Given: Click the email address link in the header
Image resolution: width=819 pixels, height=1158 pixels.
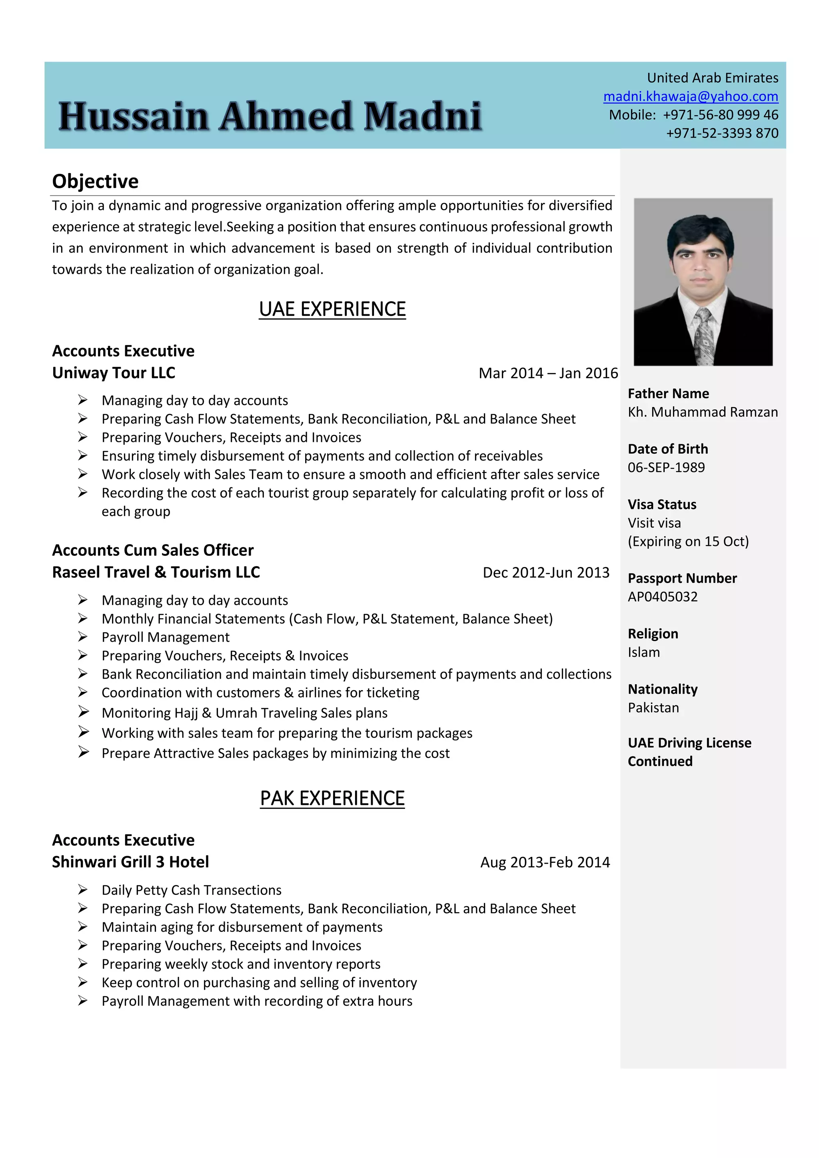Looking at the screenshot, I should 690,96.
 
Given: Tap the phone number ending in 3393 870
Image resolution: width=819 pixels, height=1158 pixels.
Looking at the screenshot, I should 722,133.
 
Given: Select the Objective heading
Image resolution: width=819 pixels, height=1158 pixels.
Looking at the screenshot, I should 95,181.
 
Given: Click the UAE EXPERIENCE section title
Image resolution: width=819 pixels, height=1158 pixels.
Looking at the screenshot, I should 332,309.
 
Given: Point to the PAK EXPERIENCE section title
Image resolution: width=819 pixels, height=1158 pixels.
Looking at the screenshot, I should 332,799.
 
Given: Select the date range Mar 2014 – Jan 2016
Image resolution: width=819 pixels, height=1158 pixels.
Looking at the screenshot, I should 548,373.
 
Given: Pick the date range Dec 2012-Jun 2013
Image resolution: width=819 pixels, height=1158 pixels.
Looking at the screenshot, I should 545,573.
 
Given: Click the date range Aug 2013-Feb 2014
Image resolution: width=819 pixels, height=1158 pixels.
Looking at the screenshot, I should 545,863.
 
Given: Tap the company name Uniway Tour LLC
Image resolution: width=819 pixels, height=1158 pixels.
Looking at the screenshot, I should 114,373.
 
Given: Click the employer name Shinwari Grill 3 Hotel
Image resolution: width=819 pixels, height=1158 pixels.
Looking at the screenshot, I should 130,862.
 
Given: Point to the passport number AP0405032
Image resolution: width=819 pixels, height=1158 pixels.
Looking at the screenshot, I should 662,597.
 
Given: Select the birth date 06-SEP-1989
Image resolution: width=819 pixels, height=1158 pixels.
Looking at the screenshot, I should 666,467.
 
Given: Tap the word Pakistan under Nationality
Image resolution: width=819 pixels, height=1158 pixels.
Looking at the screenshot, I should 653,708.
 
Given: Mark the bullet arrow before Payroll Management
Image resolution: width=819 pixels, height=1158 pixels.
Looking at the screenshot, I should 83,637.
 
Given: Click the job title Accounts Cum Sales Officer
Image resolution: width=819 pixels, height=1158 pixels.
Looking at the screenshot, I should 153,550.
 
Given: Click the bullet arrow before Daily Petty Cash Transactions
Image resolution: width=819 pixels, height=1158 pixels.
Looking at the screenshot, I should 83,890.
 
